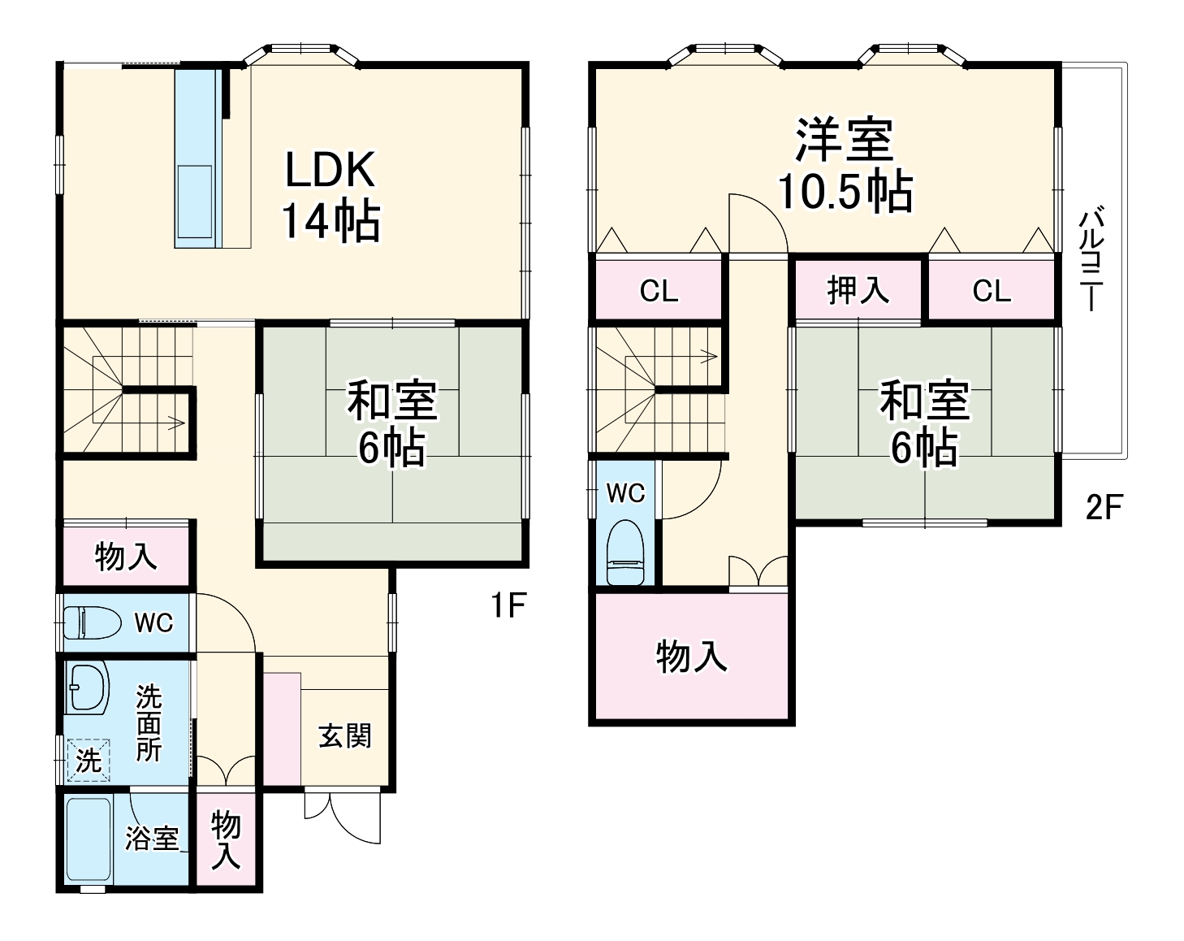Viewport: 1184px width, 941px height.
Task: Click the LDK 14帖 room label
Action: [330, 195]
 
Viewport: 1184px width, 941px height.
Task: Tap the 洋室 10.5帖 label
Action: [845, 166]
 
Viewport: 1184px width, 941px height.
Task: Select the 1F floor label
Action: [509, 605]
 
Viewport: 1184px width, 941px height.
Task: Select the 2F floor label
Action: [1104, 507]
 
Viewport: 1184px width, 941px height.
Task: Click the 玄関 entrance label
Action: [344, 736]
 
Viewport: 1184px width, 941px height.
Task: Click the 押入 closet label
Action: [858, 289]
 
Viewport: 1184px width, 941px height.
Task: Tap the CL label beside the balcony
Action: [992, 291]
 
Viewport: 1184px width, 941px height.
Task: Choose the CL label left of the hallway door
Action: [659, 291]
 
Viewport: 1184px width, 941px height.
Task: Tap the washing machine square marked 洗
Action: [88, 760]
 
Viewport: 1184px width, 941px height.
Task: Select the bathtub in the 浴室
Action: [88, 839]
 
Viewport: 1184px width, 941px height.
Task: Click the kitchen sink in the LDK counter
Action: [195, 192]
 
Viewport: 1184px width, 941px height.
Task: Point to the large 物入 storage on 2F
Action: [691, 657]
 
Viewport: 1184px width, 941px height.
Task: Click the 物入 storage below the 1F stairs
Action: [126, 557]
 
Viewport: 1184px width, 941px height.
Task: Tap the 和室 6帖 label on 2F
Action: [925, 423]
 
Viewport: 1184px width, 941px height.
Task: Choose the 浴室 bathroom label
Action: [152, 838]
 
